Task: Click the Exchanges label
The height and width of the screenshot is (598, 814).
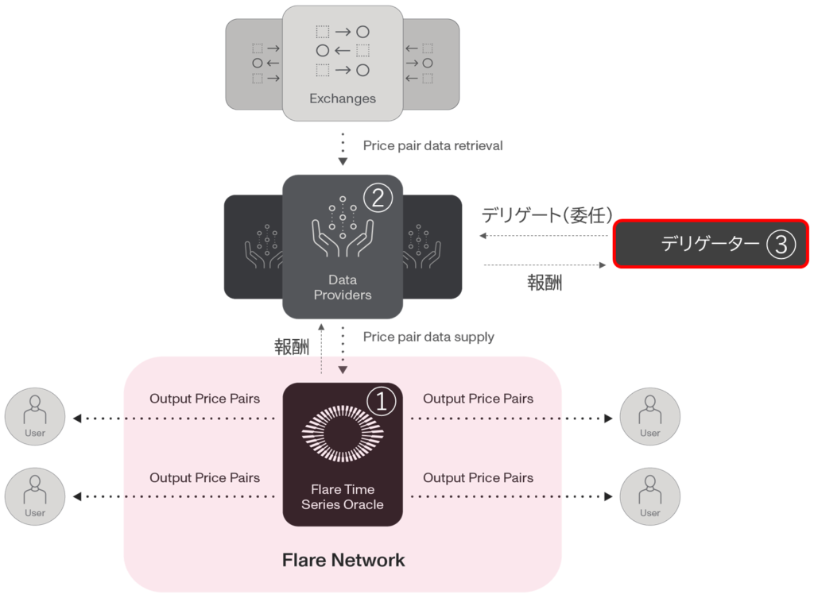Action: click(x=343, y=99)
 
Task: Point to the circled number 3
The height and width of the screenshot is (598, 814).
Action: click(x=781, y=245)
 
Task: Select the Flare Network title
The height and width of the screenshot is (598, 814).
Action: click(x=343, y=561)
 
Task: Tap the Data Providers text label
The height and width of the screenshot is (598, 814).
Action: click(x=343, y=287)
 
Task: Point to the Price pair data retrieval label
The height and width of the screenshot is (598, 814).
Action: click(x=433, y=146)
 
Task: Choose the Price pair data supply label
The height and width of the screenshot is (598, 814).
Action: click(x=429, y=337)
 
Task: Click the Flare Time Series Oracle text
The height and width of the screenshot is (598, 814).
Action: click(x=343, y=497)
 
